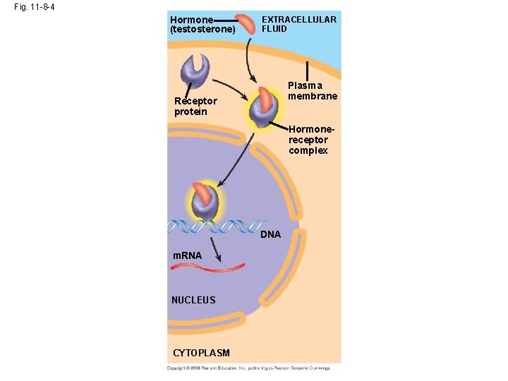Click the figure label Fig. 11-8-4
click(35, 6)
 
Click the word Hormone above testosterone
click(191, 20)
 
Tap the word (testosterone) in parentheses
click(202, 30)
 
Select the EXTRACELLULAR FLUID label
click(299, 24)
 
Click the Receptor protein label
click(195, 106)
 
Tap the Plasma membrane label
click(313, 90)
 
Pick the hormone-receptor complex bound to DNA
click(203, 202)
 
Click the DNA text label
click(271, 234)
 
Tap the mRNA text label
click(188, 255)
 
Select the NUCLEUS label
click(193, 300)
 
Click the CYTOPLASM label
click(201, 352)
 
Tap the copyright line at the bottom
click(248, 368)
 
